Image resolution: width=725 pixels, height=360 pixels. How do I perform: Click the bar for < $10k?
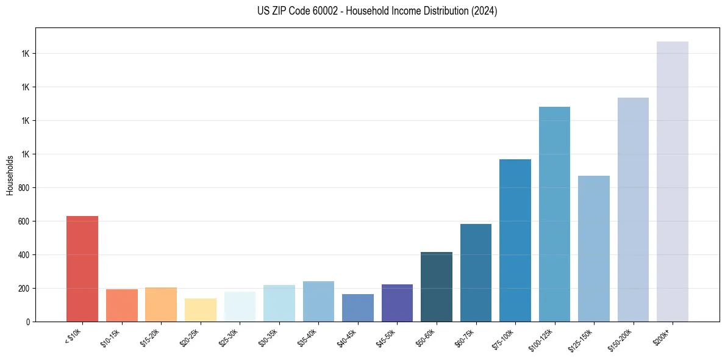click(82, 268)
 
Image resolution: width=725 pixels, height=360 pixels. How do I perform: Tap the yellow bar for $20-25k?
click(201, 310)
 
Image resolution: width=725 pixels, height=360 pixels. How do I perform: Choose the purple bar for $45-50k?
click(397, 303)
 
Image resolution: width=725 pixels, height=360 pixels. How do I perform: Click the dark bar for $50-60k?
click(437, 287)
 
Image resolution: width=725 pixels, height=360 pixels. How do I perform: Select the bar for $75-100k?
click(515, 240)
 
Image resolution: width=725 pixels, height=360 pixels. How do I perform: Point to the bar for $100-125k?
click(554, 214)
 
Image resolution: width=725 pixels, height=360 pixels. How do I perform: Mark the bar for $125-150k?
click(594, 248)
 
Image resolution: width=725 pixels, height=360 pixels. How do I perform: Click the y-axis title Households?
click(10, 175)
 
